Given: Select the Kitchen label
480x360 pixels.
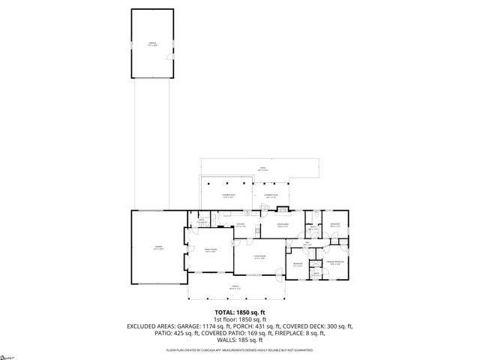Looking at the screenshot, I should [241, 224].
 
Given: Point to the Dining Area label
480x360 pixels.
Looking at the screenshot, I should [283, 224].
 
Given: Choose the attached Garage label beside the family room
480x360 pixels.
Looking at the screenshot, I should [159, 247].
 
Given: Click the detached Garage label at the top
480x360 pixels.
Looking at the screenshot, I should [154, 43].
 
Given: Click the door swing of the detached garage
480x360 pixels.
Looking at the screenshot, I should [169, 59].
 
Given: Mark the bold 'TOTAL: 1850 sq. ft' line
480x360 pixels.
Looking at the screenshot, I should [240, 311].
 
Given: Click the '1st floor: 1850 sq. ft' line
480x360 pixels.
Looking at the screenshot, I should [240, 319].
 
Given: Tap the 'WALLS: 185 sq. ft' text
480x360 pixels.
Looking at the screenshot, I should [240, 341].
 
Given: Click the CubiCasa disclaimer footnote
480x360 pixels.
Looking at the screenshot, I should [240, 349].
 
